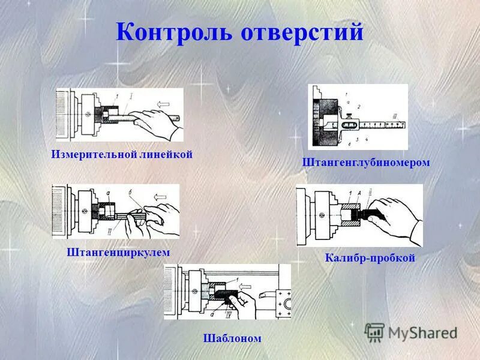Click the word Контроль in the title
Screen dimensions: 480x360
(x=175, y=32)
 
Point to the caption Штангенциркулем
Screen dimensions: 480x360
(x=118, y=253)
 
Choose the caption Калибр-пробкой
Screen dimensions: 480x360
(x=370, y=258)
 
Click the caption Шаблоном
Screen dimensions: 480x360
(x=232, y=338)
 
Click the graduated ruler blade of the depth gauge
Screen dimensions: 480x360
(x=378, y=124)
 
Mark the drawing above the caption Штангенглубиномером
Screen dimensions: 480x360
(x=358, y=116)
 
